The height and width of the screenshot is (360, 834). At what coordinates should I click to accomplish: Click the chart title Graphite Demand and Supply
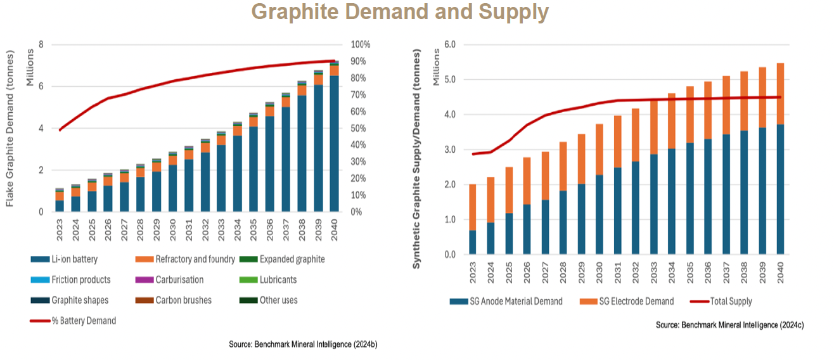[399, 13]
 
